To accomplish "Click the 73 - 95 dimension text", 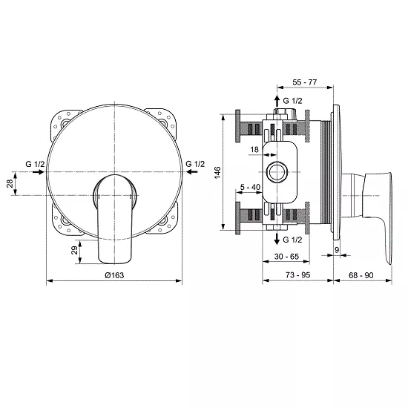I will point(297,274).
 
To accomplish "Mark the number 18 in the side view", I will point(254,150).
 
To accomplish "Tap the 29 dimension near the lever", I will point(74,251).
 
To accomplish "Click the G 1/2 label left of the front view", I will point(35,163).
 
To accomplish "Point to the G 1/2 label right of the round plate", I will point(196,163).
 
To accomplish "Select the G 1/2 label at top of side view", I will point(293,99).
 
